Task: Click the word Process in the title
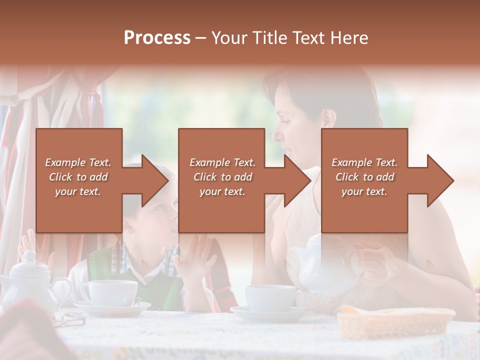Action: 157,37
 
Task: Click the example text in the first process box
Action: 78,177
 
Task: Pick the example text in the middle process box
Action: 222,177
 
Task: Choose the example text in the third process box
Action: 364,177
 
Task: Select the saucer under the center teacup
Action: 270,313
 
